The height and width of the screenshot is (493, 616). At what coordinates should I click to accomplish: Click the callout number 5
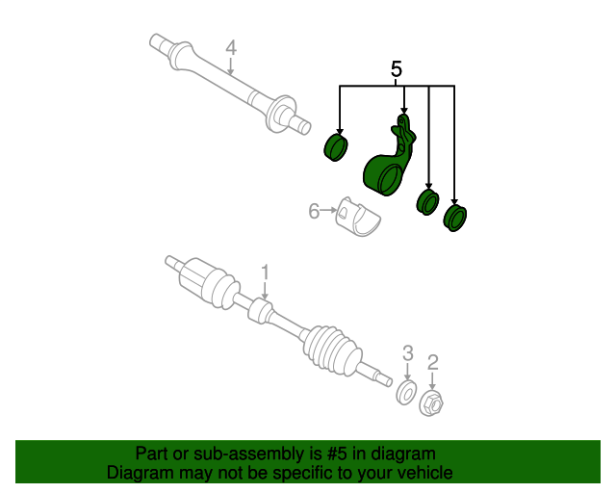397,69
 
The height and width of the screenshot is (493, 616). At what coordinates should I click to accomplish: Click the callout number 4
231,48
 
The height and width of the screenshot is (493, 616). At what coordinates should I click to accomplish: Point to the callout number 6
314,211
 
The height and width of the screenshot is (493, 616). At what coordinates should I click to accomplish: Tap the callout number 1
266,272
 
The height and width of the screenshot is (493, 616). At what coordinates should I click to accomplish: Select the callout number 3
408,353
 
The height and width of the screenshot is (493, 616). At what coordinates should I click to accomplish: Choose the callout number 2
432,362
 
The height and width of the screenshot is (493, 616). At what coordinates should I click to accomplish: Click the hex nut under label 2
431,403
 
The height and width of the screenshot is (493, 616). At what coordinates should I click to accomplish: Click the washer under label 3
405,392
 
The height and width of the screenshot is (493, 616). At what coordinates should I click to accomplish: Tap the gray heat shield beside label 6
357,217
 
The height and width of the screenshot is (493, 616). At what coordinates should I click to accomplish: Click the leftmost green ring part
336,147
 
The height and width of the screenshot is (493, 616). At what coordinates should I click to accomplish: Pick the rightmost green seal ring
454,219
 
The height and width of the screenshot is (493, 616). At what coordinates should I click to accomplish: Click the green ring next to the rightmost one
427,202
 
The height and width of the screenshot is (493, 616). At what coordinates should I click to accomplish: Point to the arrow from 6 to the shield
328,211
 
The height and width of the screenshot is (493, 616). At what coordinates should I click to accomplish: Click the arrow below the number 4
231,65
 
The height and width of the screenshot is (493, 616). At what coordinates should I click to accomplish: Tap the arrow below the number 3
408,372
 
